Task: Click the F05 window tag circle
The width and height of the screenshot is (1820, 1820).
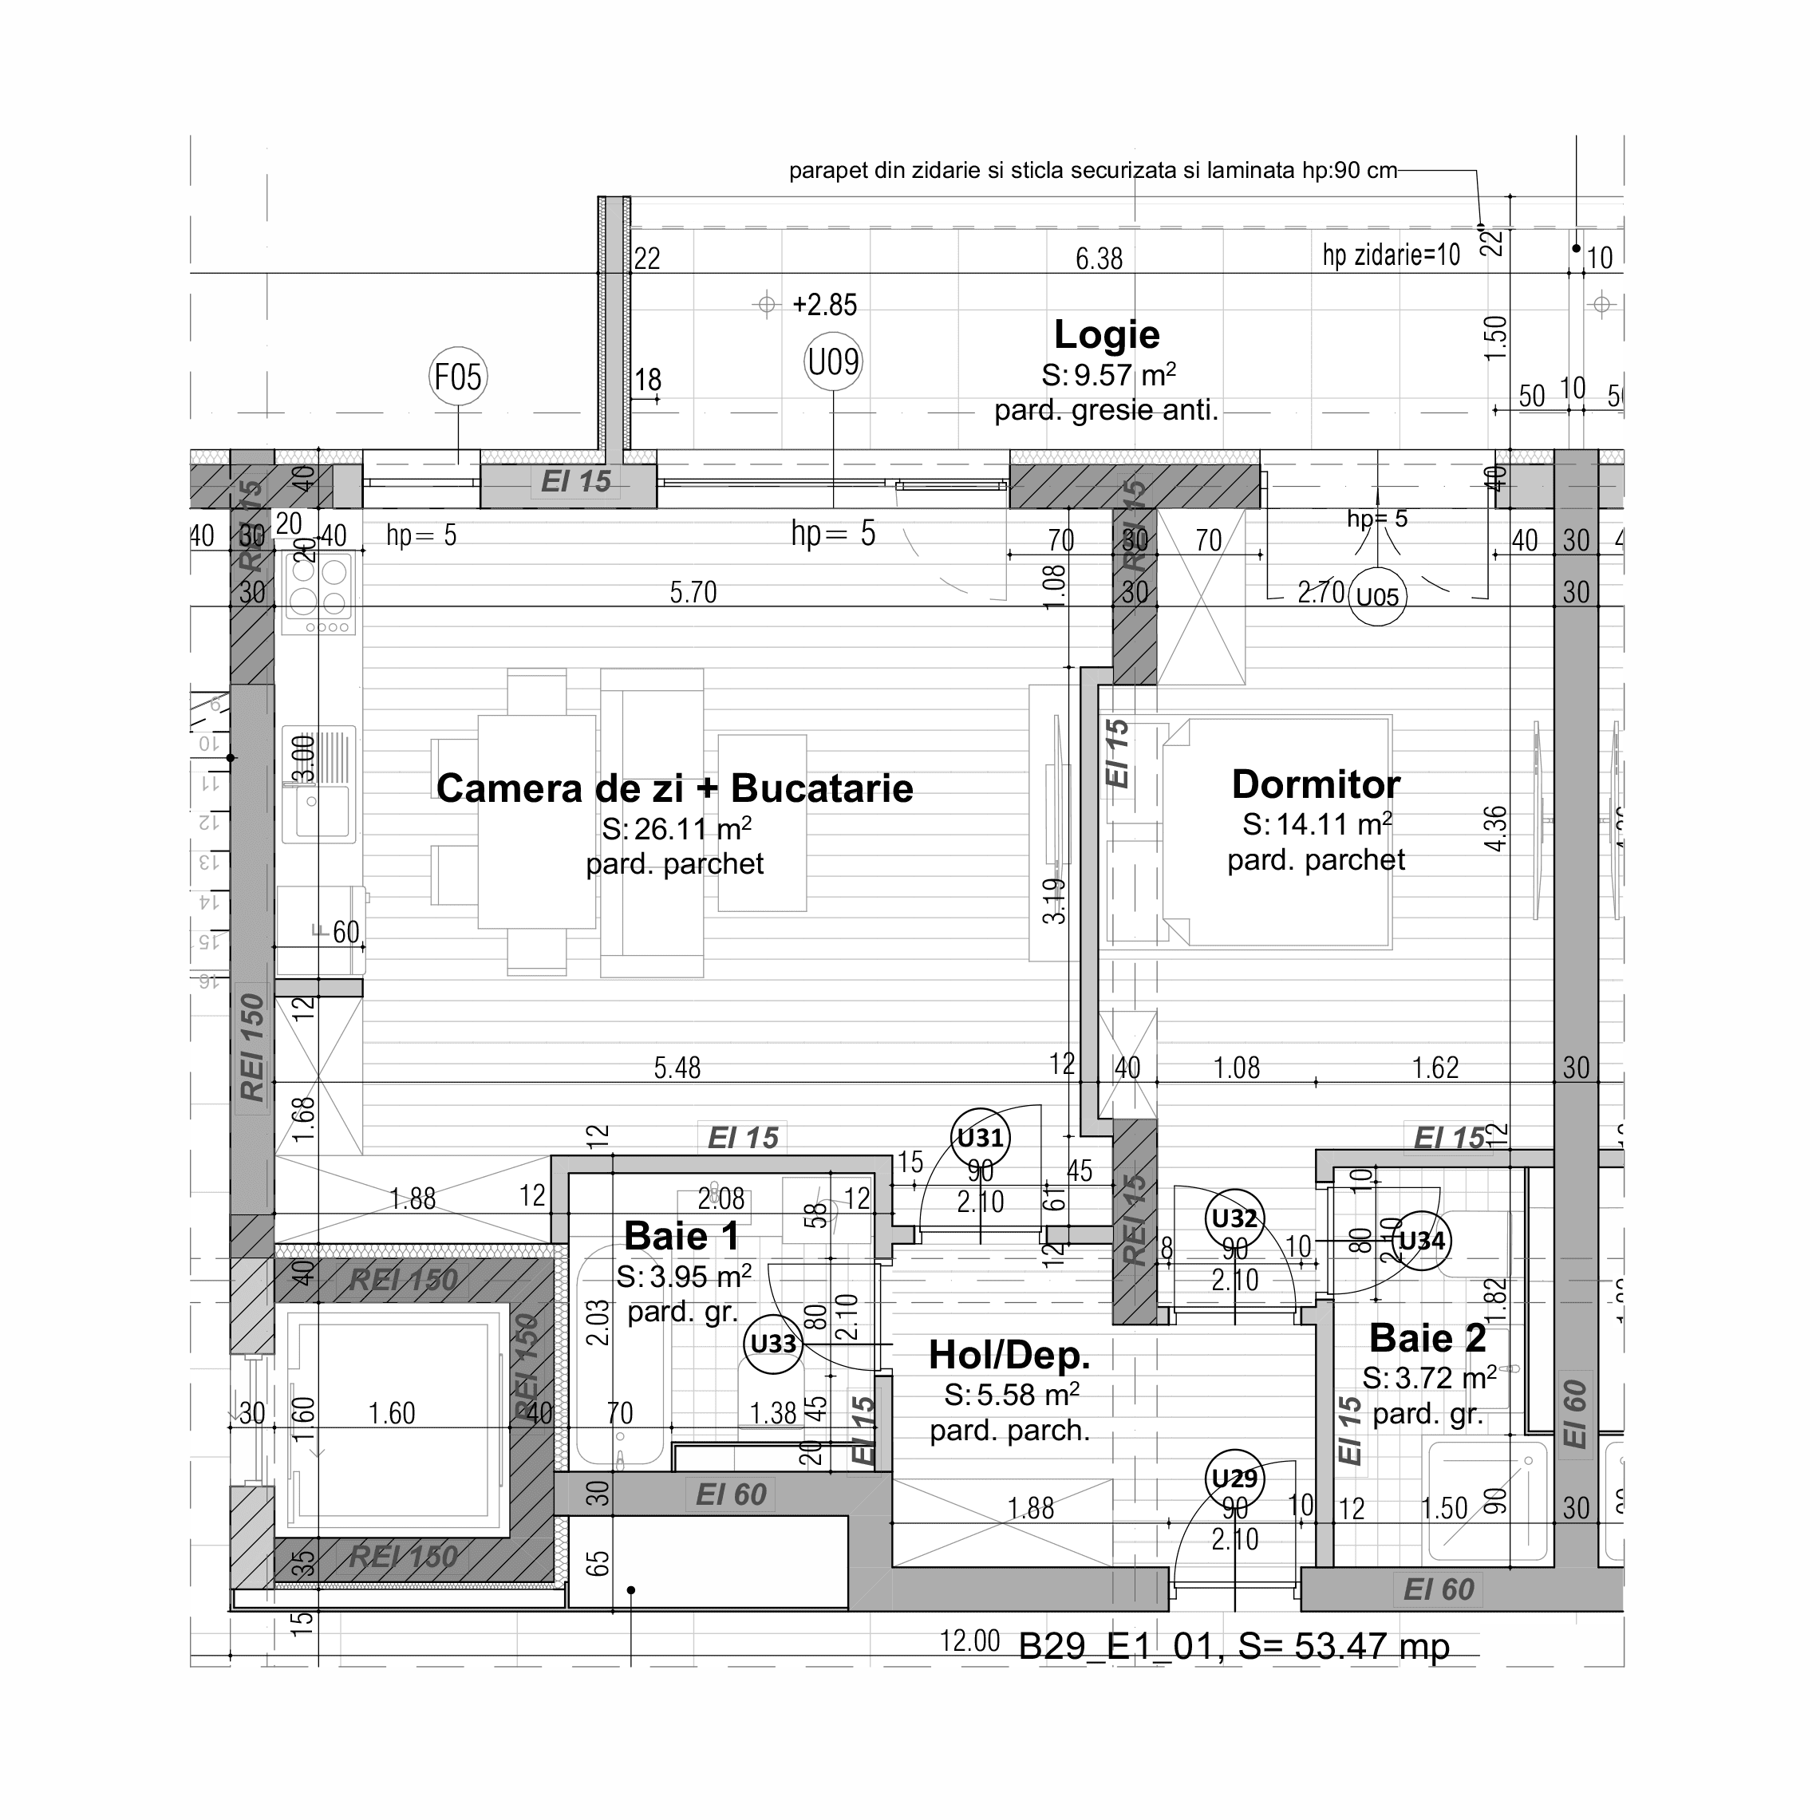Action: point(458,377)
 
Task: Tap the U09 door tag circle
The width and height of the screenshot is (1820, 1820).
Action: point(833,361)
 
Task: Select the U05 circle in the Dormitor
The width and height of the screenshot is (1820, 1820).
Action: point(1377,596)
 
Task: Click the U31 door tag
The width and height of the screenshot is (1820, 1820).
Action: point(980,1138)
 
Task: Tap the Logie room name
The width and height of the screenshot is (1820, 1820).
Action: point(1106,334)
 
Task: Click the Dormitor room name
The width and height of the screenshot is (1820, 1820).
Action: point(1315,784)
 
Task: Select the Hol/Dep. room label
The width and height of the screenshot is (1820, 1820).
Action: point(1009,1355)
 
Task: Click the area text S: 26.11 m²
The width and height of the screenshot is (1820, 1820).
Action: point(676,829)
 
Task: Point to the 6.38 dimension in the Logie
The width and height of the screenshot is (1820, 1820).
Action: point(1099,258)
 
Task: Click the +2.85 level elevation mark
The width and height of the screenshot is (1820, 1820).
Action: point(824,304)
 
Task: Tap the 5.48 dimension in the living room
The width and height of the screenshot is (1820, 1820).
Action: point(677,1068)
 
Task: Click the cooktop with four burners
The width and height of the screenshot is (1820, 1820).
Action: point(318,594)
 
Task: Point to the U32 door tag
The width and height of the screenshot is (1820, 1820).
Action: point(1234,1219)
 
